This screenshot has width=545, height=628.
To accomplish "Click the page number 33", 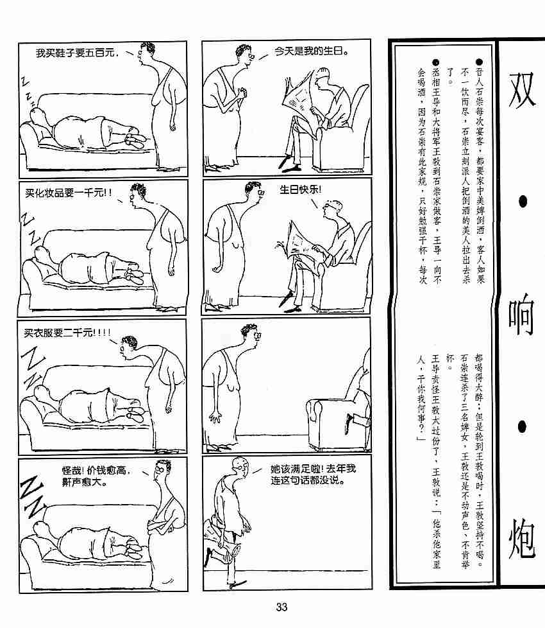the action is point(281,607).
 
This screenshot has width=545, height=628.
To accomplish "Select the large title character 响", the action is point(521,315).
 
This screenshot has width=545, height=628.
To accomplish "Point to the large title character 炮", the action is point(522,539).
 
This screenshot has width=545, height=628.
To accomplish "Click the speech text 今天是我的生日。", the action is point(311,51).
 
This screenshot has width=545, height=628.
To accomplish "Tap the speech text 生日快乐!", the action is point(300,189).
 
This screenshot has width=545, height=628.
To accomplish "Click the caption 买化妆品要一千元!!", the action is point(68,193).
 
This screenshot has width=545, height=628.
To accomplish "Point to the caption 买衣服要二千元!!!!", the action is point(67,333).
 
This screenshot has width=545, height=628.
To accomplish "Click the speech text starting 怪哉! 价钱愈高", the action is point(96,476).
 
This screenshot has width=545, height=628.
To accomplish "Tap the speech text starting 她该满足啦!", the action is point(313,474).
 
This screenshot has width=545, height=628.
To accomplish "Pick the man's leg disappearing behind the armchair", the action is point(355,423).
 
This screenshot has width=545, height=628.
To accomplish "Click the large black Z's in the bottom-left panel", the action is point(32,496).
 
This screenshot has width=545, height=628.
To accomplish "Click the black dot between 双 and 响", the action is point(523,202).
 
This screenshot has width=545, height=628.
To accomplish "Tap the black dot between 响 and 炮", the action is point(522,427).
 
